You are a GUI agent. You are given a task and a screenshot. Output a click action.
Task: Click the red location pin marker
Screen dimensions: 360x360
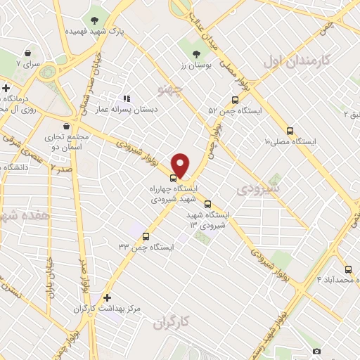[181, 165]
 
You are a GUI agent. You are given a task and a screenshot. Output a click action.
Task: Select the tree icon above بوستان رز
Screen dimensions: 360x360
[196, 52]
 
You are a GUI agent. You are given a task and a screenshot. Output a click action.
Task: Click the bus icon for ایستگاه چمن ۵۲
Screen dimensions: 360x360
[235, 100]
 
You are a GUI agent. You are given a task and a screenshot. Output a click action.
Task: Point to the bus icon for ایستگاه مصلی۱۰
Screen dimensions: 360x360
[290, 131]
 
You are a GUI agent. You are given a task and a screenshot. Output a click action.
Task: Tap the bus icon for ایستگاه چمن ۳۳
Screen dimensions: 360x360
[146, 236]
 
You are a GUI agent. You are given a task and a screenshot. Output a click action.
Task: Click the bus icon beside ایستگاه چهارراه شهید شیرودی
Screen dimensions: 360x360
[174, 178]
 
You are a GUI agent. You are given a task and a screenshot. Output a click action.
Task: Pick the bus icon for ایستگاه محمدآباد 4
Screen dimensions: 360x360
[348, 269]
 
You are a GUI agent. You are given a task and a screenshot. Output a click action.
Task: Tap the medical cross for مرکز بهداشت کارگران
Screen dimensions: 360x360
[107, 297]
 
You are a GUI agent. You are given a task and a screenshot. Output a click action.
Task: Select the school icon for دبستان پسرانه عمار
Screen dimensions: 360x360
[127, 99]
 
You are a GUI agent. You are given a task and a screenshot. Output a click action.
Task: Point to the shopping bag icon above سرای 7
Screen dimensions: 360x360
[27, 53]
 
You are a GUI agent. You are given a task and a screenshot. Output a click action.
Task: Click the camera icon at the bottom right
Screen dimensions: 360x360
[316, 351]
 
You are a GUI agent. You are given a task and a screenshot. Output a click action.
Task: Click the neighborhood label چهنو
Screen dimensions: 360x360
[172, 90]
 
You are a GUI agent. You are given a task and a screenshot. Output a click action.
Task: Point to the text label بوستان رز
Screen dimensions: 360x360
[195, 65]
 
